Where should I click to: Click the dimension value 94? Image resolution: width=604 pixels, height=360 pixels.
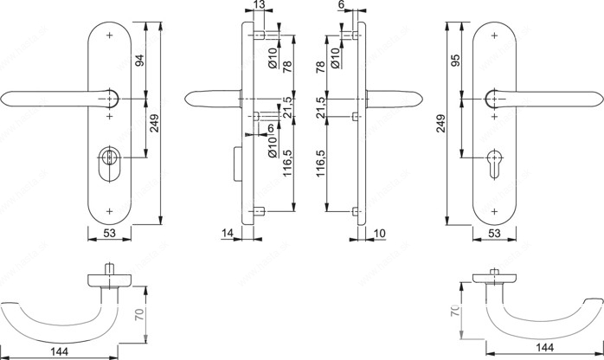[x=140, y=60]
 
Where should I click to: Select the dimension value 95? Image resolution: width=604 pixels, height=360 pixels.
[x=455, y=60]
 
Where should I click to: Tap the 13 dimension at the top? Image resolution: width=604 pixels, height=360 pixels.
[x=260, y=4]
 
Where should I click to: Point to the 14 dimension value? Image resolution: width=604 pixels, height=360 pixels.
[x=228, y=233]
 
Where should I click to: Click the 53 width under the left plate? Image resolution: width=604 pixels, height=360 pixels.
[x=109, y=233]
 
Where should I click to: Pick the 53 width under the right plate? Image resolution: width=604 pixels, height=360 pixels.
[x=494, y=233]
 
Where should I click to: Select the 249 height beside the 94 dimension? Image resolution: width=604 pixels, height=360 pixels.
[x=155, y=123]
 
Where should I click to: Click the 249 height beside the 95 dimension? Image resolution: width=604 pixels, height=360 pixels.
[x=440, y=123]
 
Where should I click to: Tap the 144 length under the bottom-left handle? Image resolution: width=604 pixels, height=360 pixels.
[x=60, y=351]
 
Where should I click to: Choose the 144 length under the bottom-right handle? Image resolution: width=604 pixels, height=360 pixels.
[x=544, y=348]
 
